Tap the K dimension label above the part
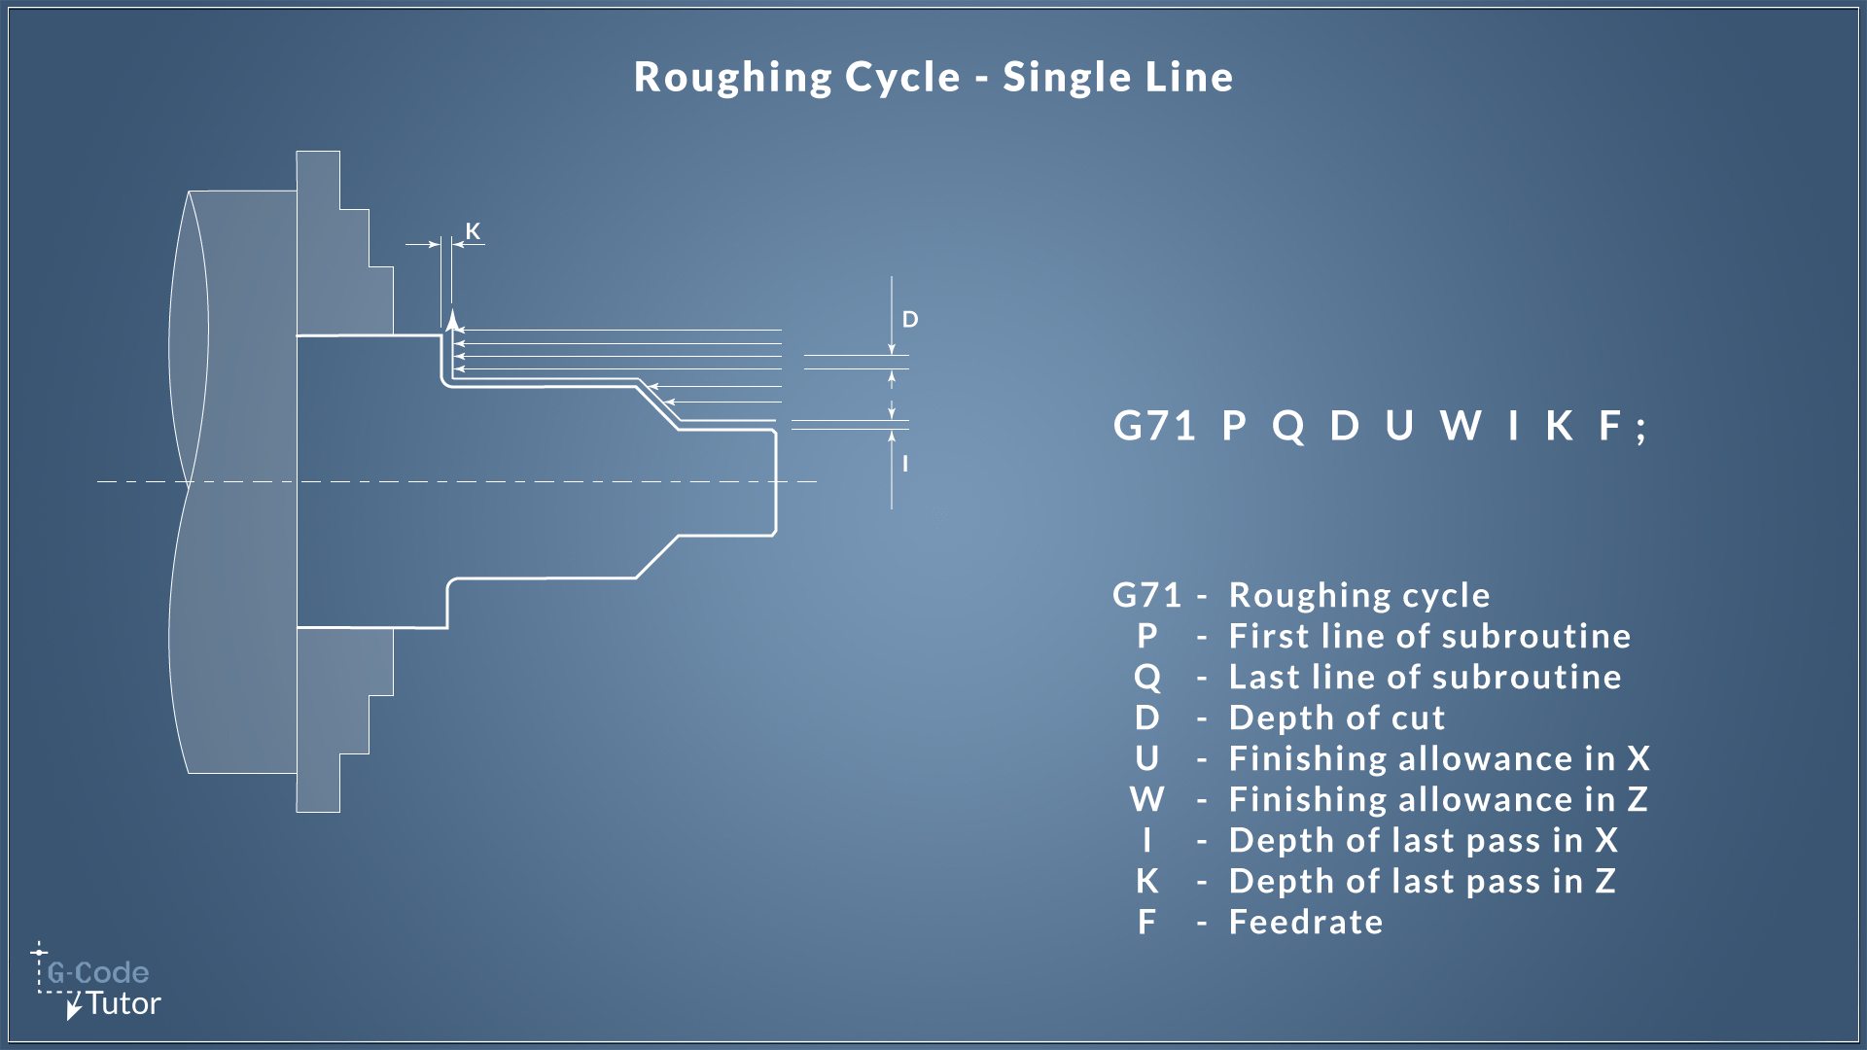(473, 231)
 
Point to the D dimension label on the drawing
(910, 320)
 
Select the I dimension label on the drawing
(905, 464)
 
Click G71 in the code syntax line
(1154, 426)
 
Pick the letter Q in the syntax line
(1288, 426)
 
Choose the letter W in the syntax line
(1461, 426)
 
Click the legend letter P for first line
(1147, 636)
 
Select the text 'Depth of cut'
(1337, 717)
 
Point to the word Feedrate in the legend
(1306, 922)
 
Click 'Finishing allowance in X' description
(1439, 758)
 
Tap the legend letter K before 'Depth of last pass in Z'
(1147, 881)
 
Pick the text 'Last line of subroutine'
(1425, 677)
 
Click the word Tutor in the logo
(123, 1004)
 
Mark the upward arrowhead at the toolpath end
(451, 320)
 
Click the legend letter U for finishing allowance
(1147, 758)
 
